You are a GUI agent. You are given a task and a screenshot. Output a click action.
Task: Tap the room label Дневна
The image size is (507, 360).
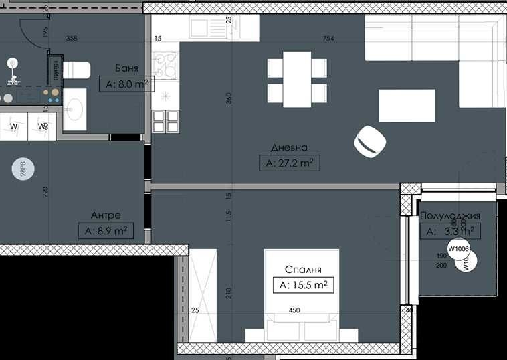point(289,147)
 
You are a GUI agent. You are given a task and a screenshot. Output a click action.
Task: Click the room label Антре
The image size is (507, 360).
point(106,215)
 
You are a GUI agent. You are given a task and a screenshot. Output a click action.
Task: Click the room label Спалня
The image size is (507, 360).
point(304,270)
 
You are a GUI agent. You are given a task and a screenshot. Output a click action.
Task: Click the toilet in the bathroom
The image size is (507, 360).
point(76,70)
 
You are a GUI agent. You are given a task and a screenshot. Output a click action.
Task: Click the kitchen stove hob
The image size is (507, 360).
point(164,66)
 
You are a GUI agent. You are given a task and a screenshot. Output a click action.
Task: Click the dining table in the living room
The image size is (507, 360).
point(297,78)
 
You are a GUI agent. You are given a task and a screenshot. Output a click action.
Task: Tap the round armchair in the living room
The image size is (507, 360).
point(370,141)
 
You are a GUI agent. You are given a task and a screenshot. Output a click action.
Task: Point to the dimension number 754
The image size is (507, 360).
point(328,39)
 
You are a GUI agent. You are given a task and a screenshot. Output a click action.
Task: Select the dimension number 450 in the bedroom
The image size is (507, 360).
point(294,310)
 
